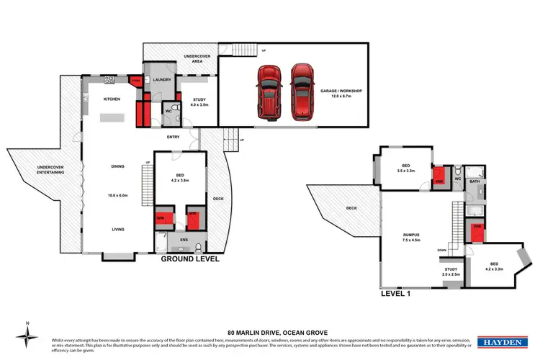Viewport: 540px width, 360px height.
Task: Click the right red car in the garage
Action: click(x=302, y=93)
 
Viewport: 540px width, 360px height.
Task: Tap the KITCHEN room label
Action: click(x=112, y=99)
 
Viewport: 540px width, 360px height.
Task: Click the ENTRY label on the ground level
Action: click(x=174, y=136)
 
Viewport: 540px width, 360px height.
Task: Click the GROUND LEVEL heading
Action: click(x=189, y=258)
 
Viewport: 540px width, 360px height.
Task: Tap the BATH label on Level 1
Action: click(x=474, y=181)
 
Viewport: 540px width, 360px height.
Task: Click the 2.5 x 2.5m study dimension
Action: click(x=451, y=274)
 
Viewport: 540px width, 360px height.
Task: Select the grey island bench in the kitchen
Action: click(x=112, y=117)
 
